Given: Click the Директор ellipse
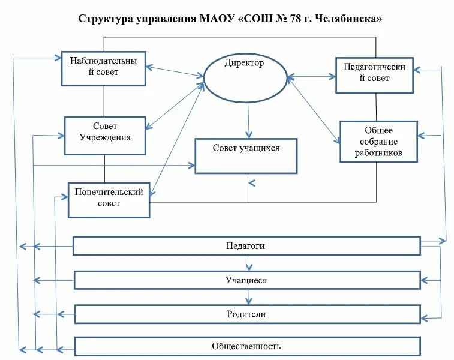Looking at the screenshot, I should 245,79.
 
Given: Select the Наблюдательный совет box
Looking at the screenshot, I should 103,68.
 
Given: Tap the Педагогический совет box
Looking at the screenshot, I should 375,73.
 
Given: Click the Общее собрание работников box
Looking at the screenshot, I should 378,142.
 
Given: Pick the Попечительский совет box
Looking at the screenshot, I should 109,199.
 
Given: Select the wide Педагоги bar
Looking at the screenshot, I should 246,246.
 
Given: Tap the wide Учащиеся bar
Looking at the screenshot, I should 246,280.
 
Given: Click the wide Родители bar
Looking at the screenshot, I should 246,314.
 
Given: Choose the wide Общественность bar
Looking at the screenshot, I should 246,346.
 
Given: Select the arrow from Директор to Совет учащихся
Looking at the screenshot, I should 248,120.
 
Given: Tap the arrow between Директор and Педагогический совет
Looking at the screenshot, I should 311,77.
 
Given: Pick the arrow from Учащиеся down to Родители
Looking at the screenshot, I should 248,297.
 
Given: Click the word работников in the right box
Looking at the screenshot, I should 378,153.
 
